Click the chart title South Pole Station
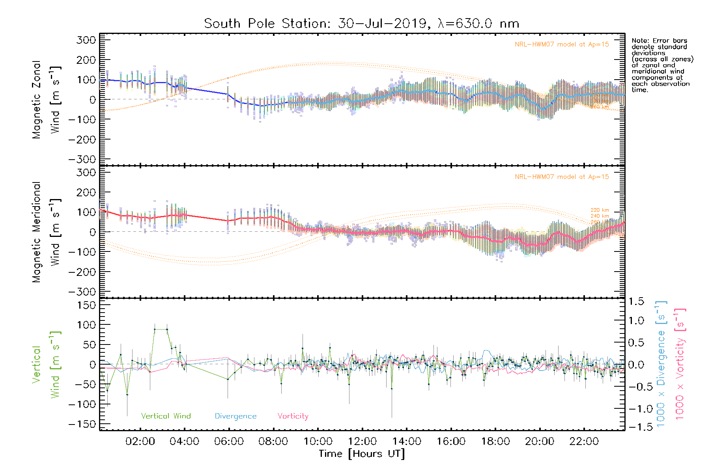[x=361, y=24]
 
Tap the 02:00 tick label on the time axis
[x=140, y=441]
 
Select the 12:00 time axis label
[x=362, y=441]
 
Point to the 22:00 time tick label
[x=584, y=441]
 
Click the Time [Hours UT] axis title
[x=362, y=454]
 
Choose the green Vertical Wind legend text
[x=166, y=416]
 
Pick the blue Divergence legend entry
[x=235, y=416]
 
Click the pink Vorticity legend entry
[x=293, y=416]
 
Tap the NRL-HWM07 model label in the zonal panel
[x=562, y=45]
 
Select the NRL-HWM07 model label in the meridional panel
[x=562, y=177]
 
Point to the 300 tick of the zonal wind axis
[x=86, y=40]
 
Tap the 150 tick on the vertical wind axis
[x=86, y=305]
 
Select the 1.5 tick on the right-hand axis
[x=636, y=302]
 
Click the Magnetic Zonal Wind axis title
[x=46, y=100]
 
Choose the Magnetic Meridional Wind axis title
[x=46, y=232]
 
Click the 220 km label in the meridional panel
[x=600, y=210]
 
